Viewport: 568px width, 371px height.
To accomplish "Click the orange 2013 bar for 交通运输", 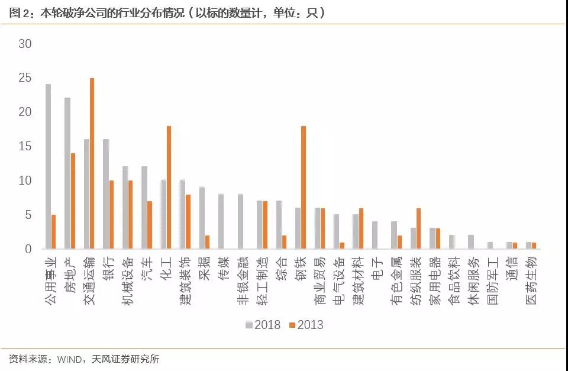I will pyautogui.click(x=92, y=163).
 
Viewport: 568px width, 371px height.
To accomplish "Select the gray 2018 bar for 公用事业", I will pyautogui.click(x=48, y=166).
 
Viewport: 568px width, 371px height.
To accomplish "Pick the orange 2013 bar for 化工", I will pyautogui.click(x=169, y=188).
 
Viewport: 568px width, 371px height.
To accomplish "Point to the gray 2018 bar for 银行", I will pyautogui.click(x=106, y=194).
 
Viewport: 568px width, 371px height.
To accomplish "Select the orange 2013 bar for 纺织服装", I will pyautogui.click(x=418, y=228).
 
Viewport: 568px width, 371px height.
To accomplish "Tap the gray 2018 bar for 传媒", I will pyautogui.click(x=221, y=221).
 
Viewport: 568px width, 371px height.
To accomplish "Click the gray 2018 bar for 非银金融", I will pyautogui.click(x=240, y=221).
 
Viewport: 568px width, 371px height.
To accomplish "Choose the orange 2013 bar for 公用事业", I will pyautogui.click(x=53, y=232).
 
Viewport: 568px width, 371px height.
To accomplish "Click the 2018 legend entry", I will pyautogui.click(x=263, y=325).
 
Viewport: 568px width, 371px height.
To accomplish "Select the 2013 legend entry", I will pyautogui.click(x=305, y=325).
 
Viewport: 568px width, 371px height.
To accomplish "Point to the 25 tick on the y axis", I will pyautogui.click(x=25, y=78).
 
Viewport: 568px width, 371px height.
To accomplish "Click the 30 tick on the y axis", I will pyautogui.click(x=25, y=44).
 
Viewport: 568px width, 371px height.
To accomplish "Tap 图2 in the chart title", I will pyautogui.click(x=19, y=12).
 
